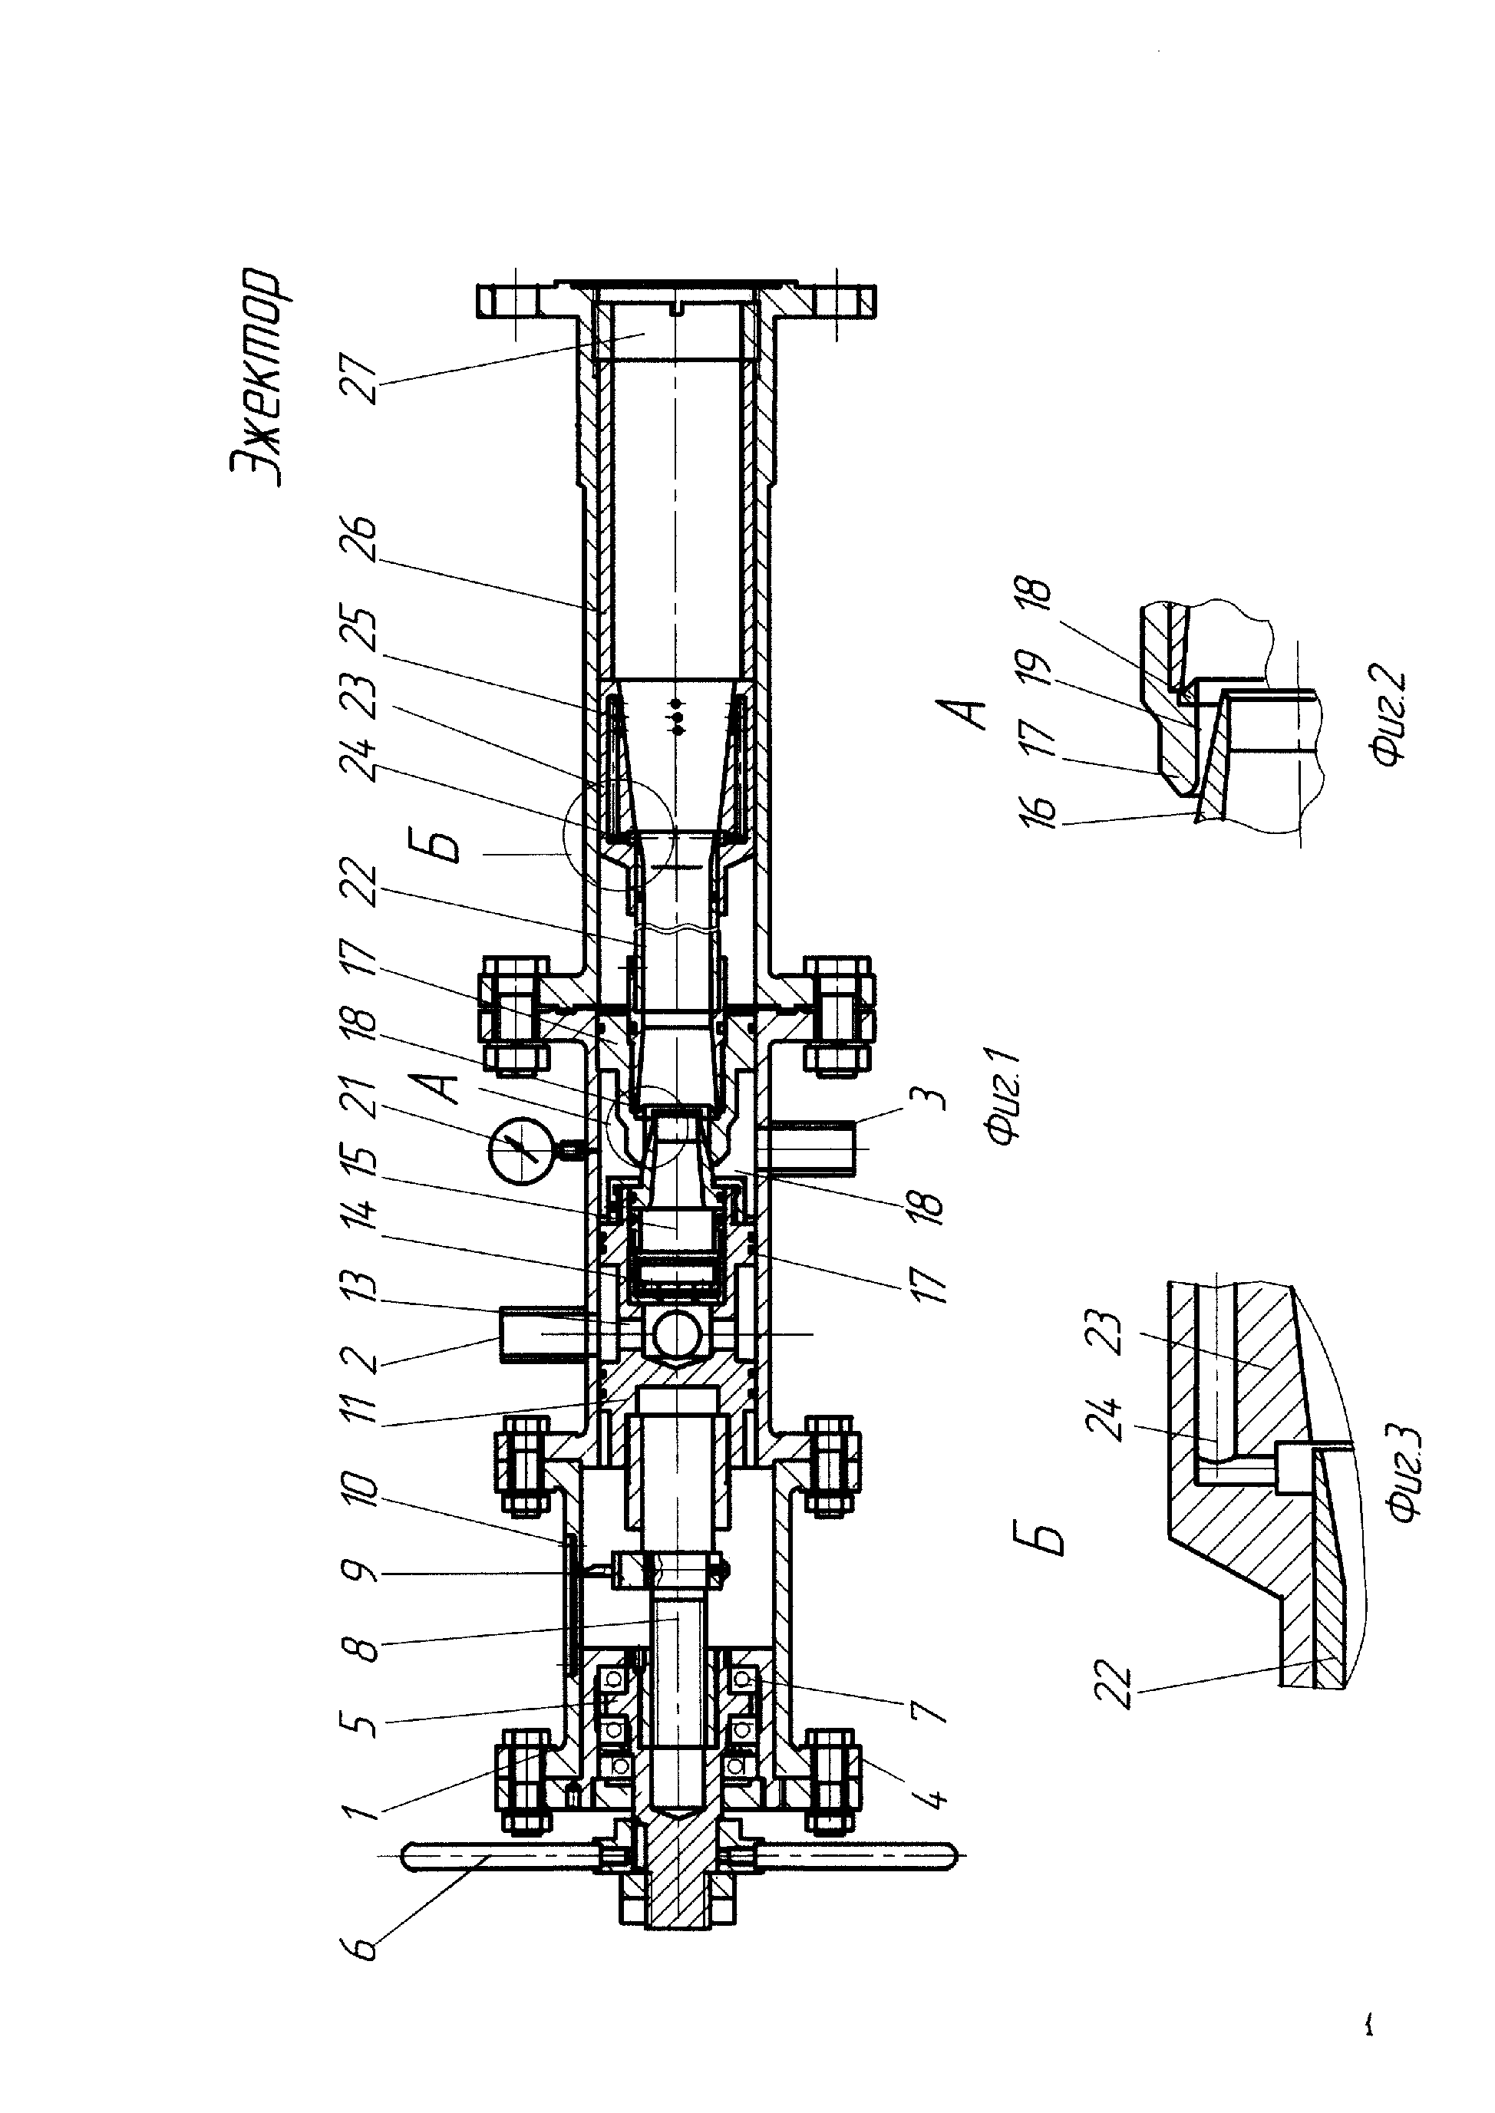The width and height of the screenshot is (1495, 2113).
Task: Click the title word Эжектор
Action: point(259,377)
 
